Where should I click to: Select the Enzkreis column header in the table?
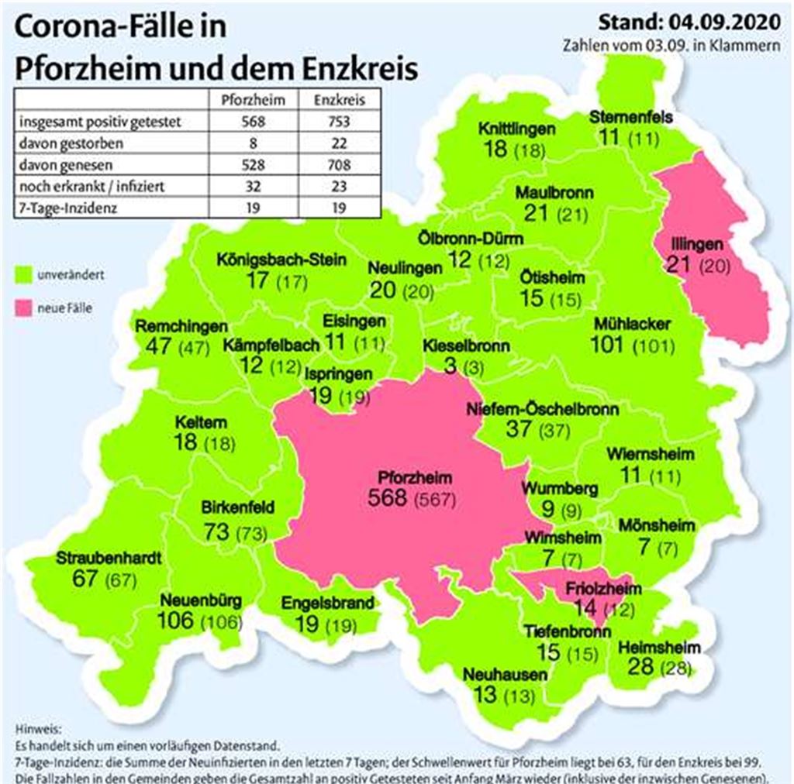point(339,100)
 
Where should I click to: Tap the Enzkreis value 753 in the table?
point(339,122)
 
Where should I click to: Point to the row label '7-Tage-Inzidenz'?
point(61,208)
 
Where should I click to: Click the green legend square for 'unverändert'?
point(23,274)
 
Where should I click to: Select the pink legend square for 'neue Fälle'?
point(23,308)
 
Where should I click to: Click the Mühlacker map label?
point(631,324)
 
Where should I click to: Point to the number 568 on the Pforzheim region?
point(388,497)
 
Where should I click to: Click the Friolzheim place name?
point(589,586)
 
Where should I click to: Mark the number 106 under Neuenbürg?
point(177,621)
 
